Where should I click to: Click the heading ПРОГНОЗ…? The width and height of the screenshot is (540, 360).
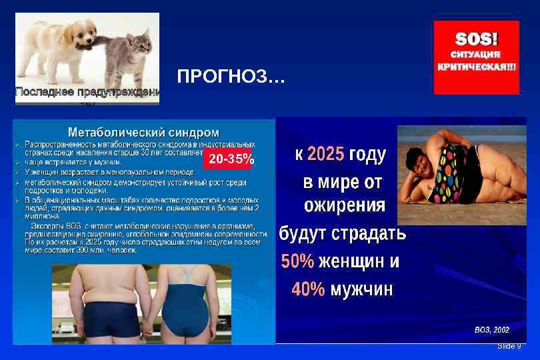231,79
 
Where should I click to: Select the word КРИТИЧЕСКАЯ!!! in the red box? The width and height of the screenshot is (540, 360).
476,67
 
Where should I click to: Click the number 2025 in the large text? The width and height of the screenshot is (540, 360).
326,155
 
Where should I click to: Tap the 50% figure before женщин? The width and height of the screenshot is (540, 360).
297,262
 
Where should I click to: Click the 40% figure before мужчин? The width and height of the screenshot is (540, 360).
308,289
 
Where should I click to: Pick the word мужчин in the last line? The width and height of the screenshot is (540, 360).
361,289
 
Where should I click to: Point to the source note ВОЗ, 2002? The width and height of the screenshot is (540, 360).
492,329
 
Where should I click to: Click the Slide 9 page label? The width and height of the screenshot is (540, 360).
509,346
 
